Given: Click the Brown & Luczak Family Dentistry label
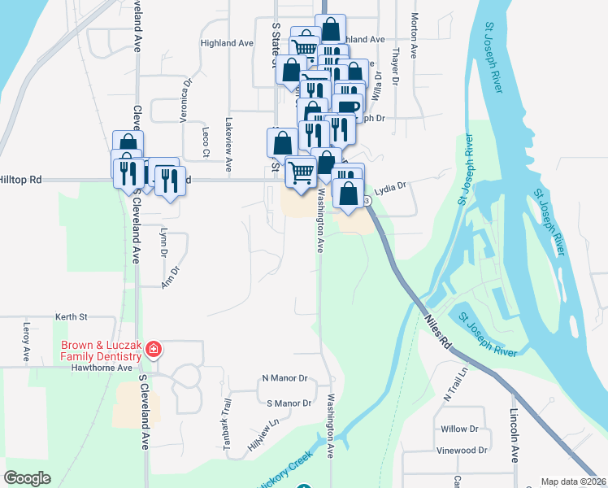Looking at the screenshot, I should (x=101, y=350).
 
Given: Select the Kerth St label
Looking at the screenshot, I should (x=71, y=316).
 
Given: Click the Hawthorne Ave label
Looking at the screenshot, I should (x=100, y=368).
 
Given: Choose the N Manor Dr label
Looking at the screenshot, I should (x=284, y=379).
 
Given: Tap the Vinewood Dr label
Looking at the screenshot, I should (x=461, y=450).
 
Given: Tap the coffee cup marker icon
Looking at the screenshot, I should (x=347, y=108).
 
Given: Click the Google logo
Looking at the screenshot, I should (x=27, y=478).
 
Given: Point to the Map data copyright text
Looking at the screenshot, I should (x=574, y=481).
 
